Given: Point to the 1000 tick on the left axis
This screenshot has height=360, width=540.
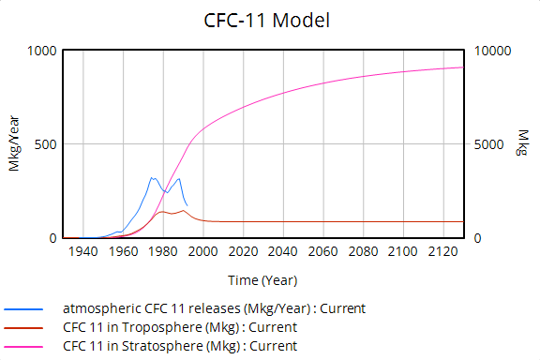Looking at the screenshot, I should tap(42, 51).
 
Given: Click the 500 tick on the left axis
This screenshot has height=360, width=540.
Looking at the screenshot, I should tap(46, 144).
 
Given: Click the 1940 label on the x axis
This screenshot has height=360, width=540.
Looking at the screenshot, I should tap(83, 252).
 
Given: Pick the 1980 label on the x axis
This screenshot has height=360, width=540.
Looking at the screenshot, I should tap(163, 252).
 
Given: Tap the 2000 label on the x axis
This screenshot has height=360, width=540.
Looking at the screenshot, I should tap(203, 252).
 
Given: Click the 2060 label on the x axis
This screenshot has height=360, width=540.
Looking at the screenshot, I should tap(323, 252).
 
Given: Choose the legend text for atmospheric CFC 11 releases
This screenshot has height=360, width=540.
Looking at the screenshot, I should tap(214, 308).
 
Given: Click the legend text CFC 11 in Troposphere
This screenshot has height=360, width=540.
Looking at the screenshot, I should tap(180, 327).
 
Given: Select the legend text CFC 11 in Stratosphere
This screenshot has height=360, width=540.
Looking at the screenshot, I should tap(180, 346).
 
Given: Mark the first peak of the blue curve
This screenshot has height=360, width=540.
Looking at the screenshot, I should tap(152, 177).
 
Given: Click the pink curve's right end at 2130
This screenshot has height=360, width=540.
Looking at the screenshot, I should tap(463, 67).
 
